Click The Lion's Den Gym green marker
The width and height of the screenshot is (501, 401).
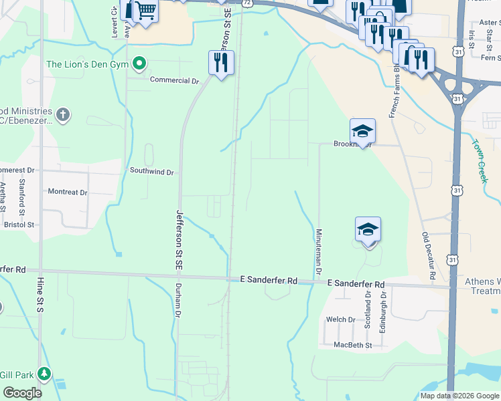(x=139, y=64)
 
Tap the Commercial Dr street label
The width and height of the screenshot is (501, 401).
(x=175, y=80)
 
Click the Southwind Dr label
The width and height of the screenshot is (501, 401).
(x=152, y=172)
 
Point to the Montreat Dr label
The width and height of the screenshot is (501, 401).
(x=68, y=192)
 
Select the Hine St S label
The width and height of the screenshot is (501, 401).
(x=40, y=297)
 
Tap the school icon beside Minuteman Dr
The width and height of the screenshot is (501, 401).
(x=368, y=231)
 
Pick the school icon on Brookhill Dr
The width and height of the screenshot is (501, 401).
(x=362, y=132)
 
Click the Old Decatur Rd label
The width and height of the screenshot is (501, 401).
(x=429, y=256)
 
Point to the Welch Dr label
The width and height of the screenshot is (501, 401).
(x=340, y=319)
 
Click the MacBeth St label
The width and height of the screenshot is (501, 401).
(x=352, y=345)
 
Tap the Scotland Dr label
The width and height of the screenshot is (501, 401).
(x=367, y=309)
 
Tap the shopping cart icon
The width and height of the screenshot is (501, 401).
(x=145, y=11)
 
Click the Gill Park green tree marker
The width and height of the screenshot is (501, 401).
(x=44, y=373)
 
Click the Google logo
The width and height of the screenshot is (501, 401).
(x=23, y=393)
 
